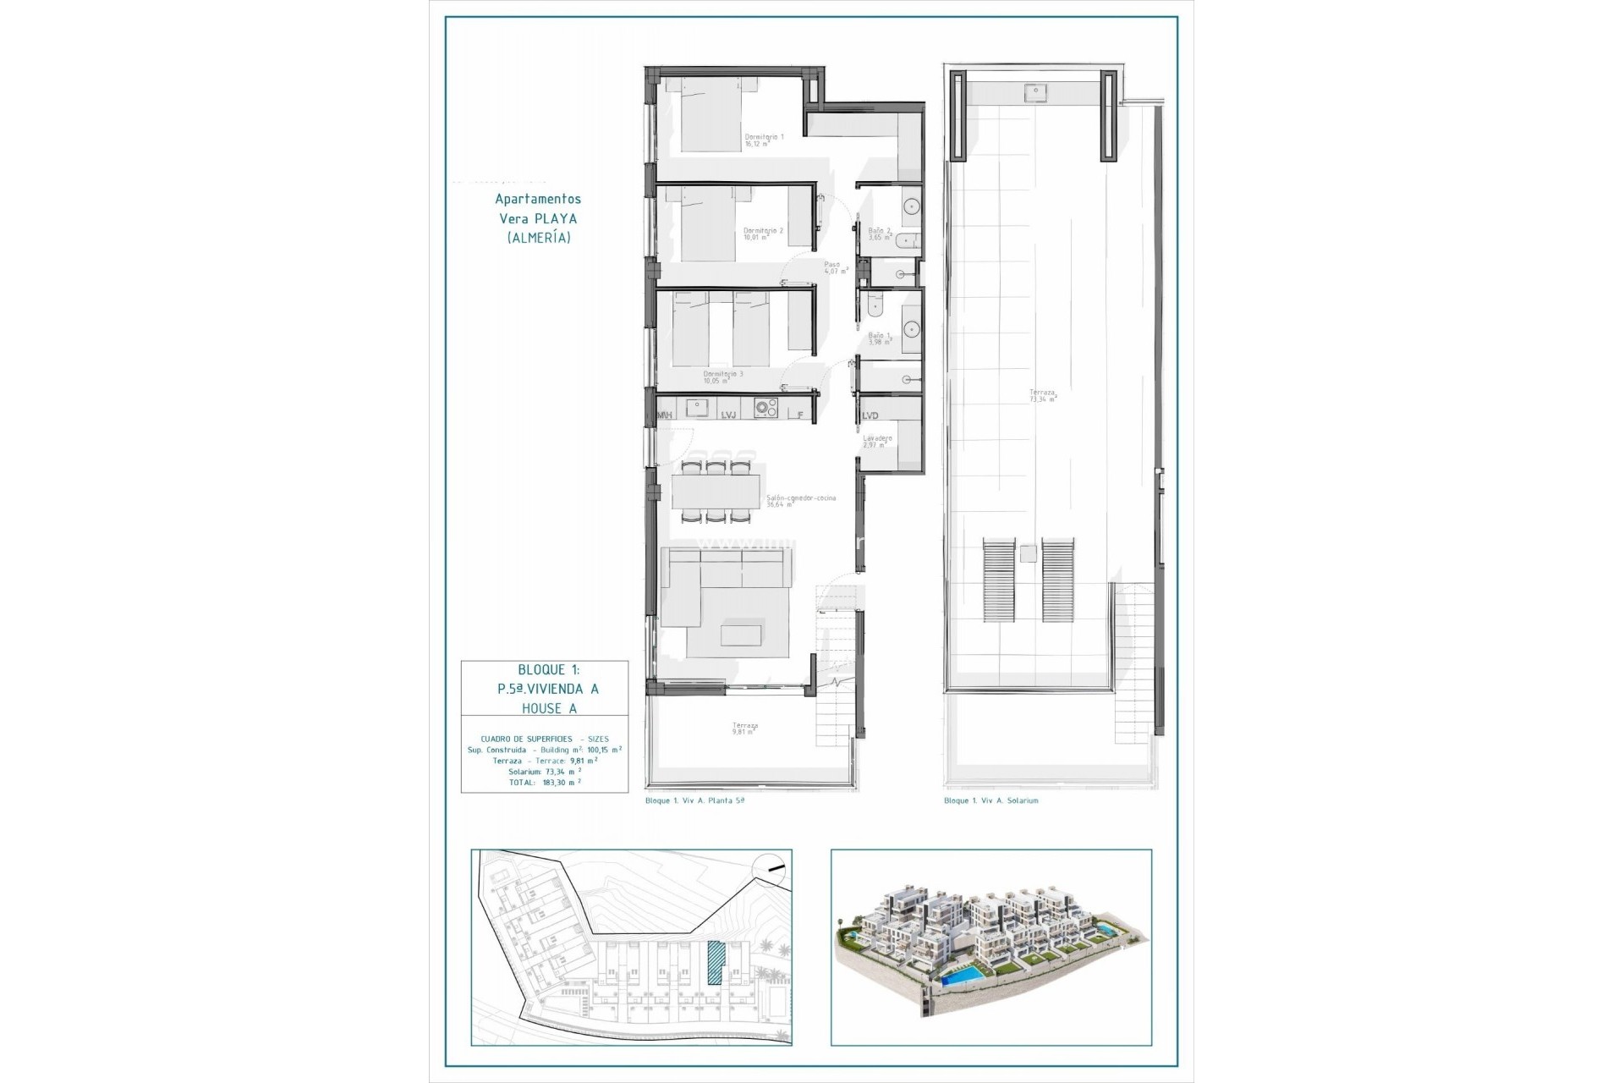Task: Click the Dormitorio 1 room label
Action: (x=764, y=140)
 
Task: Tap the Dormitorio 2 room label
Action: (x=763, y=234)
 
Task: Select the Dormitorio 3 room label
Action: (x=723, y=377)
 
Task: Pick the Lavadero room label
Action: (x=877, y=441)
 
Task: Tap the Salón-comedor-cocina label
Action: (x=800, y=501)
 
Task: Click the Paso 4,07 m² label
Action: (x=835, y=267)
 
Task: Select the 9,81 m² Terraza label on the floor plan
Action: (x=745, y=728)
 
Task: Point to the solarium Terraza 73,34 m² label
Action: (x=1042, y=395)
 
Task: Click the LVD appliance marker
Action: (x=870, y=415)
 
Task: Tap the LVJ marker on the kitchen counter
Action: (x=729, y=415)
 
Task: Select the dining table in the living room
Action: (x=716, y=492)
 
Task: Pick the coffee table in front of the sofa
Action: (x=740, y=635)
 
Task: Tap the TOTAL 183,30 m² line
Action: (x=545, y=783)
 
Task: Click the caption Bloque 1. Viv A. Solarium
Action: (x=990, y=800)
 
